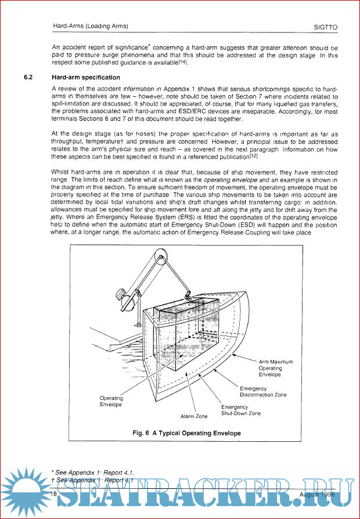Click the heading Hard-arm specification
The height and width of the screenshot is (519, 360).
pyautogui.click(x=86, y=77)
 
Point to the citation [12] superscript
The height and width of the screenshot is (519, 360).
pyautogui.click(x=253, y=156)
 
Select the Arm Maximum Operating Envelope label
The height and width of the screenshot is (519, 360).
pyautogui.click(x=276, y=368)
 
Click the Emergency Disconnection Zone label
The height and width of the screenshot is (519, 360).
pyautogui.click(x=263, y=391)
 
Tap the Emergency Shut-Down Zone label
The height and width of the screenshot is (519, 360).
pyautogui.click(x=240, y=410)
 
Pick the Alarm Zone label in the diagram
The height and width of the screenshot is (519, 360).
pyautogui.click(x=194, y=416)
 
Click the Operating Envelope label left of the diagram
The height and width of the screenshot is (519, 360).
pyautogui.click(x=111, y=401)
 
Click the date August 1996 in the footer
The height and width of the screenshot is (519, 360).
pyautogui.click(x=318, y=494)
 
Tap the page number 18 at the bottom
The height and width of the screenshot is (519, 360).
pyautogui.click(x=53, y=493)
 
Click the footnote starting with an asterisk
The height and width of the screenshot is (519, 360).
pyautogui.click(x=96, y=473)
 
